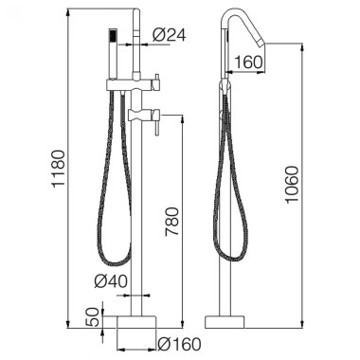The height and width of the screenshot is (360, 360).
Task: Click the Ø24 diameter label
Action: pyautogui.click(x=170, y=35)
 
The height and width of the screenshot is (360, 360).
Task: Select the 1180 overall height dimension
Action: pyautogui.click(x=59, y=170)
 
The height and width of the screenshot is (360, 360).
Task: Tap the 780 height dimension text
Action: pyautogui.click(x=172, y=222)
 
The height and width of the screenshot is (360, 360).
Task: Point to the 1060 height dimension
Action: pyautogui.click(x=291, y=185)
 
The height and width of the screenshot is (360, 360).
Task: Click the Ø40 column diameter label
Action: pyautogui.click(x=111, y=280)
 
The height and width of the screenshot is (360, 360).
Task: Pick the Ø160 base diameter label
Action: pyautogui.click(x=180, y=344)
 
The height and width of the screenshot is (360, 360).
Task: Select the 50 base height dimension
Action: pyautogui.click(x=92, y=317)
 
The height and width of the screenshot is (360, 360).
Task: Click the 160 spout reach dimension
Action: pyautogui.click(x=248, y=63)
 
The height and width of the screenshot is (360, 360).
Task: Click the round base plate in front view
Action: pyautogui.click(x=136, y=322)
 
